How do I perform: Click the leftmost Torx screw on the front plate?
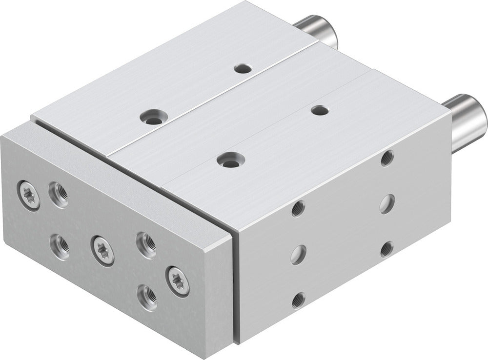coord(28,196)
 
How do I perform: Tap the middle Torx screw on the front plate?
coord(102,250)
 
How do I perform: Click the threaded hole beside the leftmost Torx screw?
coord(59,194)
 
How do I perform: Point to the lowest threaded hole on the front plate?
coord(147,297)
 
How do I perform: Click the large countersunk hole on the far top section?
coord(153,116)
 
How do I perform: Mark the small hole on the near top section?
coord(320,110)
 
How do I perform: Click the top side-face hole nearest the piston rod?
coord(387,158)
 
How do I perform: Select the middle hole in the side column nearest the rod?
coord(387,203)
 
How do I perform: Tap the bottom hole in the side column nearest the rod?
coord(386,249)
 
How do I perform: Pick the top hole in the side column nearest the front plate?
coord(298,209)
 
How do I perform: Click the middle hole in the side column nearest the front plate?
coord(298,255)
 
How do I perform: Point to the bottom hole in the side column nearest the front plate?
coord(298,300)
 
